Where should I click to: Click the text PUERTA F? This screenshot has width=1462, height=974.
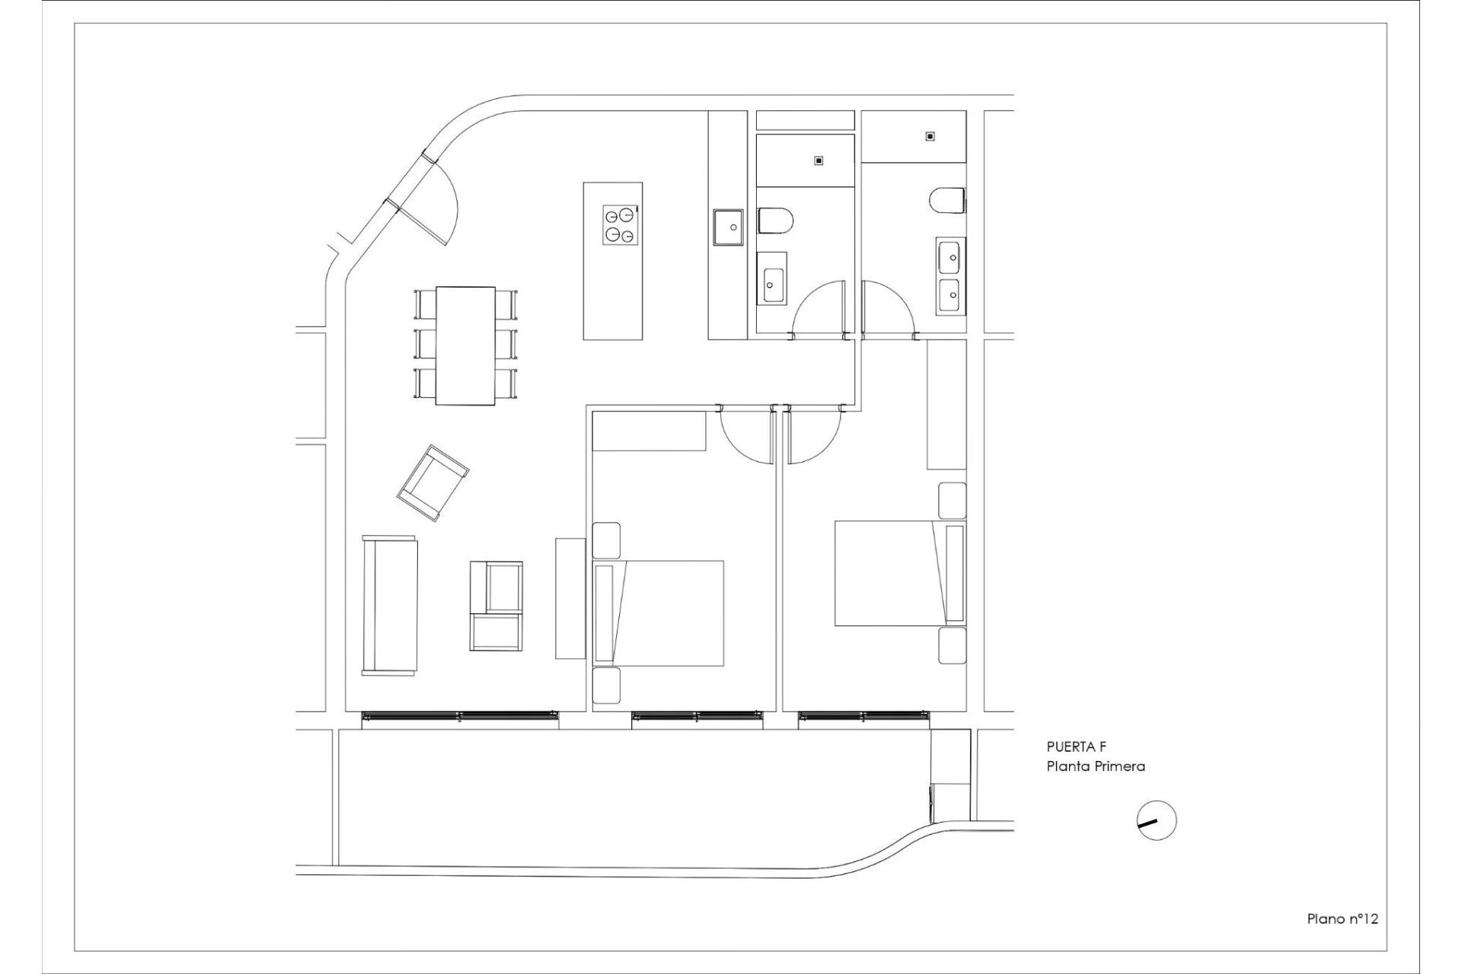(1075, 748)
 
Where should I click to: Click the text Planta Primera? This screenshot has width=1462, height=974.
(1095, 766)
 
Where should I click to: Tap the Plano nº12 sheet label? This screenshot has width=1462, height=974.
(1342, 918)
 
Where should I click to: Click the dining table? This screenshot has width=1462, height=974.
(465, 345)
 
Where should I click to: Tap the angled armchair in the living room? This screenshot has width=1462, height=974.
(433, 483)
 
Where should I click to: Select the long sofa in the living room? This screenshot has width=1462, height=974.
(391, 605)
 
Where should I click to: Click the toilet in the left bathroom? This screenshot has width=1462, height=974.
(776, 221)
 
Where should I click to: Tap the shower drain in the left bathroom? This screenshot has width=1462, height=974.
(819, 161)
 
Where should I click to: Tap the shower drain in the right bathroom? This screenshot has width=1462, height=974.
(930, 137)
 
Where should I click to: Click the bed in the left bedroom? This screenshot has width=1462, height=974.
(658, 613)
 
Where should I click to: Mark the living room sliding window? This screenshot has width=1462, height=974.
(459, 715)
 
